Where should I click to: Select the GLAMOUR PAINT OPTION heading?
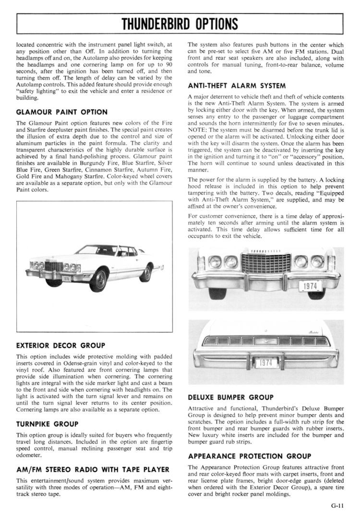tap(62, 112)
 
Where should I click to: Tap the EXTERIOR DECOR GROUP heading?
tap(60, 345)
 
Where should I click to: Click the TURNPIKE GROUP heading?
tap(47, 424)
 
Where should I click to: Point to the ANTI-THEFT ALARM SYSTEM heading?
tap(237, 86)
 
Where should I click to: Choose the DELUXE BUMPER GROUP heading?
tap(230, 397)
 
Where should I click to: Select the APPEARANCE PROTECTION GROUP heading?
tap(249, 456)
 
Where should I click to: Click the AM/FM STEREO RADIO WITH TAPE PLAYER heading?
tap(93, 469)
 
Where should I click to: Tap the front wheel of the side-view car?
tap(98, 280)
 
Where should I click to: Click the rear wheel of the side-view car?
tap(145, 273)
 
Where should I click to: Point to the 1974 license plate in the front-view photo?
tap(311, 286)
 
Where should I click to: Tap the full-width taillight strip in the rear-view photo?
tap(265, 341)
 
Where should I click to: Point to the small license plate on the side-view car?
tap(66, 278)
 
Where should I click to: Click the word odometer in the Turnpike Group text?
tap(29, 456)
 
